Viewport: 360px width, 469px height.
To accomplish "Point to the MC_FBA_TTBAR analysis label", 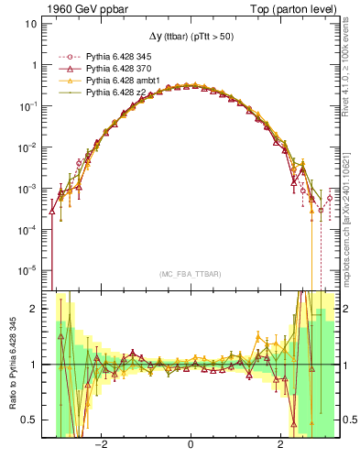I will pyautogui.click(x=189, y=274).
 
